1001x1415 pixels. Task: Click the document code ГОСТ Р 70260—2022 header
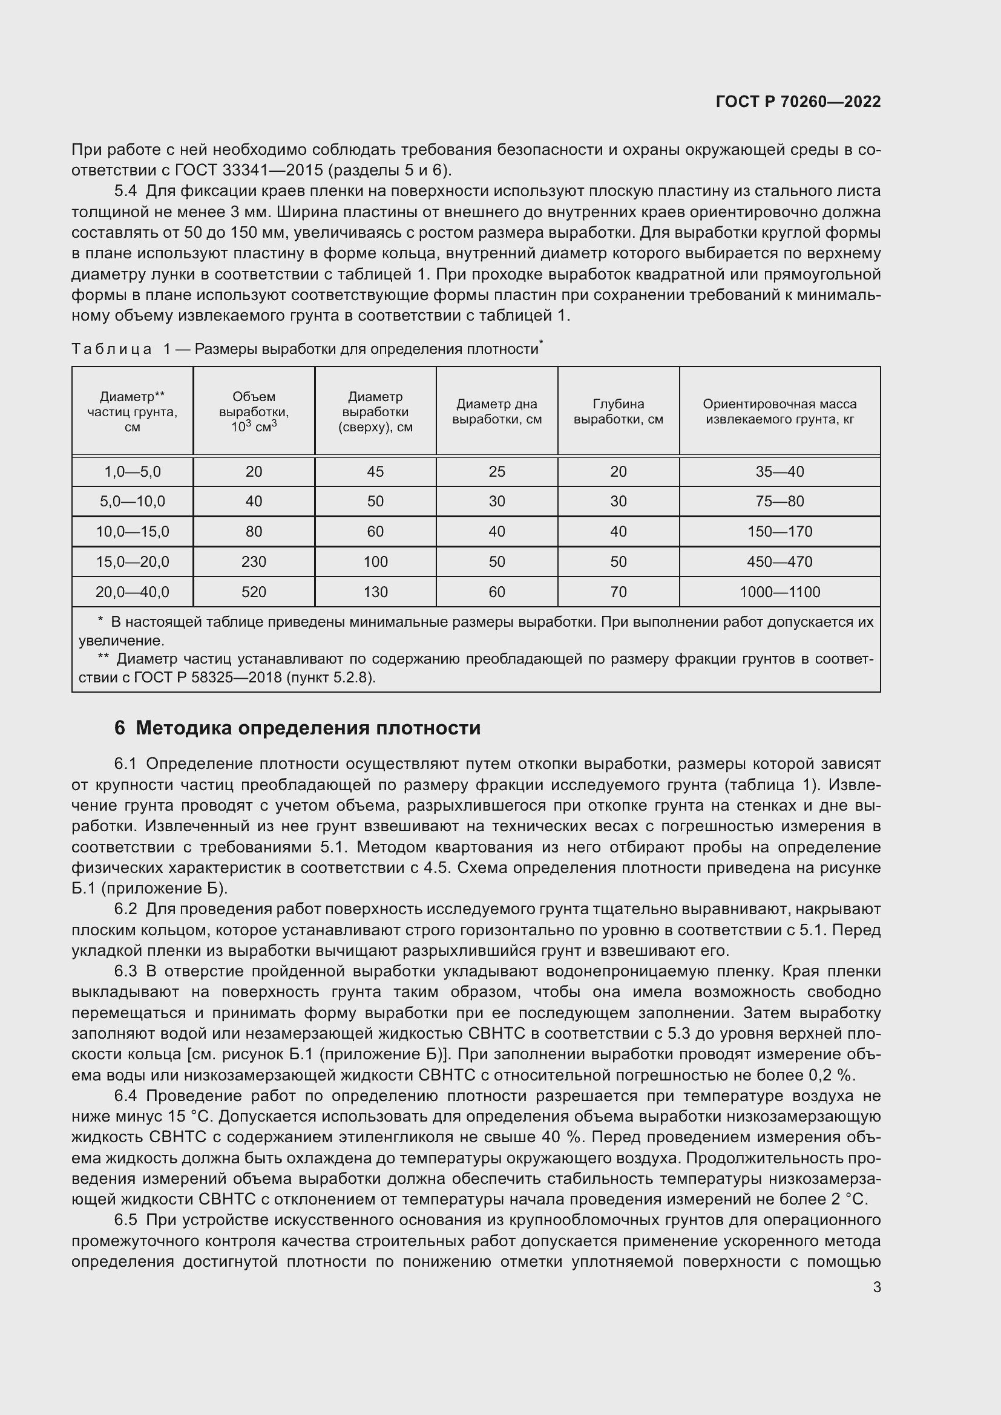pyautogui.click(x=798, y=102)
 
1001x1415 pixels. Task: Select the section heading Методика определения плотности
pyautogui.click(x=307, y=728)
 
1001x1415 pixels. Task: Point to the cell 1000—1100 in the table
pyautogui.click(x=779, y=592)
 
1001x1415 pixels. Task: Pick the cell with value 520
pyautogui.click(x=254, y=592)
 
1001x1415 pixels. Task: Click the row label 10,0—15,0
pyautogui.click(x=133, y=531)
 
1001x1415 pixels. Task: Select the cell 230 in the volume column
pyautogui.click(x=254, y=561)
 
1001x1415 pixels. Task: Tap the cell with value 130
pyautogui.click(x=375, y=592)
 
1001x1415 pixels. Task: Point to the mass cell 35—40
pyautogui.click(x=779, y=471)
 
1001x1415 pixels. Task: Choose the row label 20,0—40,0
pyautogui.click(x=133, y=592)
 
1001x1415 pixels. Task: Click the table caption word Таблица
pyautogui.click(x=111, y=350)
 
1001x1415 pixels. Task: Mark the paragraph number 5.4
pyautogui.click(x=126, y=191)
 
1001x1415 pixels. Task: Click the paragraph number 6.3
pyautogui.click(x=126, y=972)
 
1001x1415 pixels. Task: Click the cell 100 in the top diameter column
pyautogui.click(x=375, y=561)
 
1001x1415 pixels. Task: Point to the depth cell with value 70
pyautogui.click(x=619, y=592)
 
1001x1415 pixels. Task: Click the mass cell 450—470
pyautogui.click(x=779, y=561)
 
